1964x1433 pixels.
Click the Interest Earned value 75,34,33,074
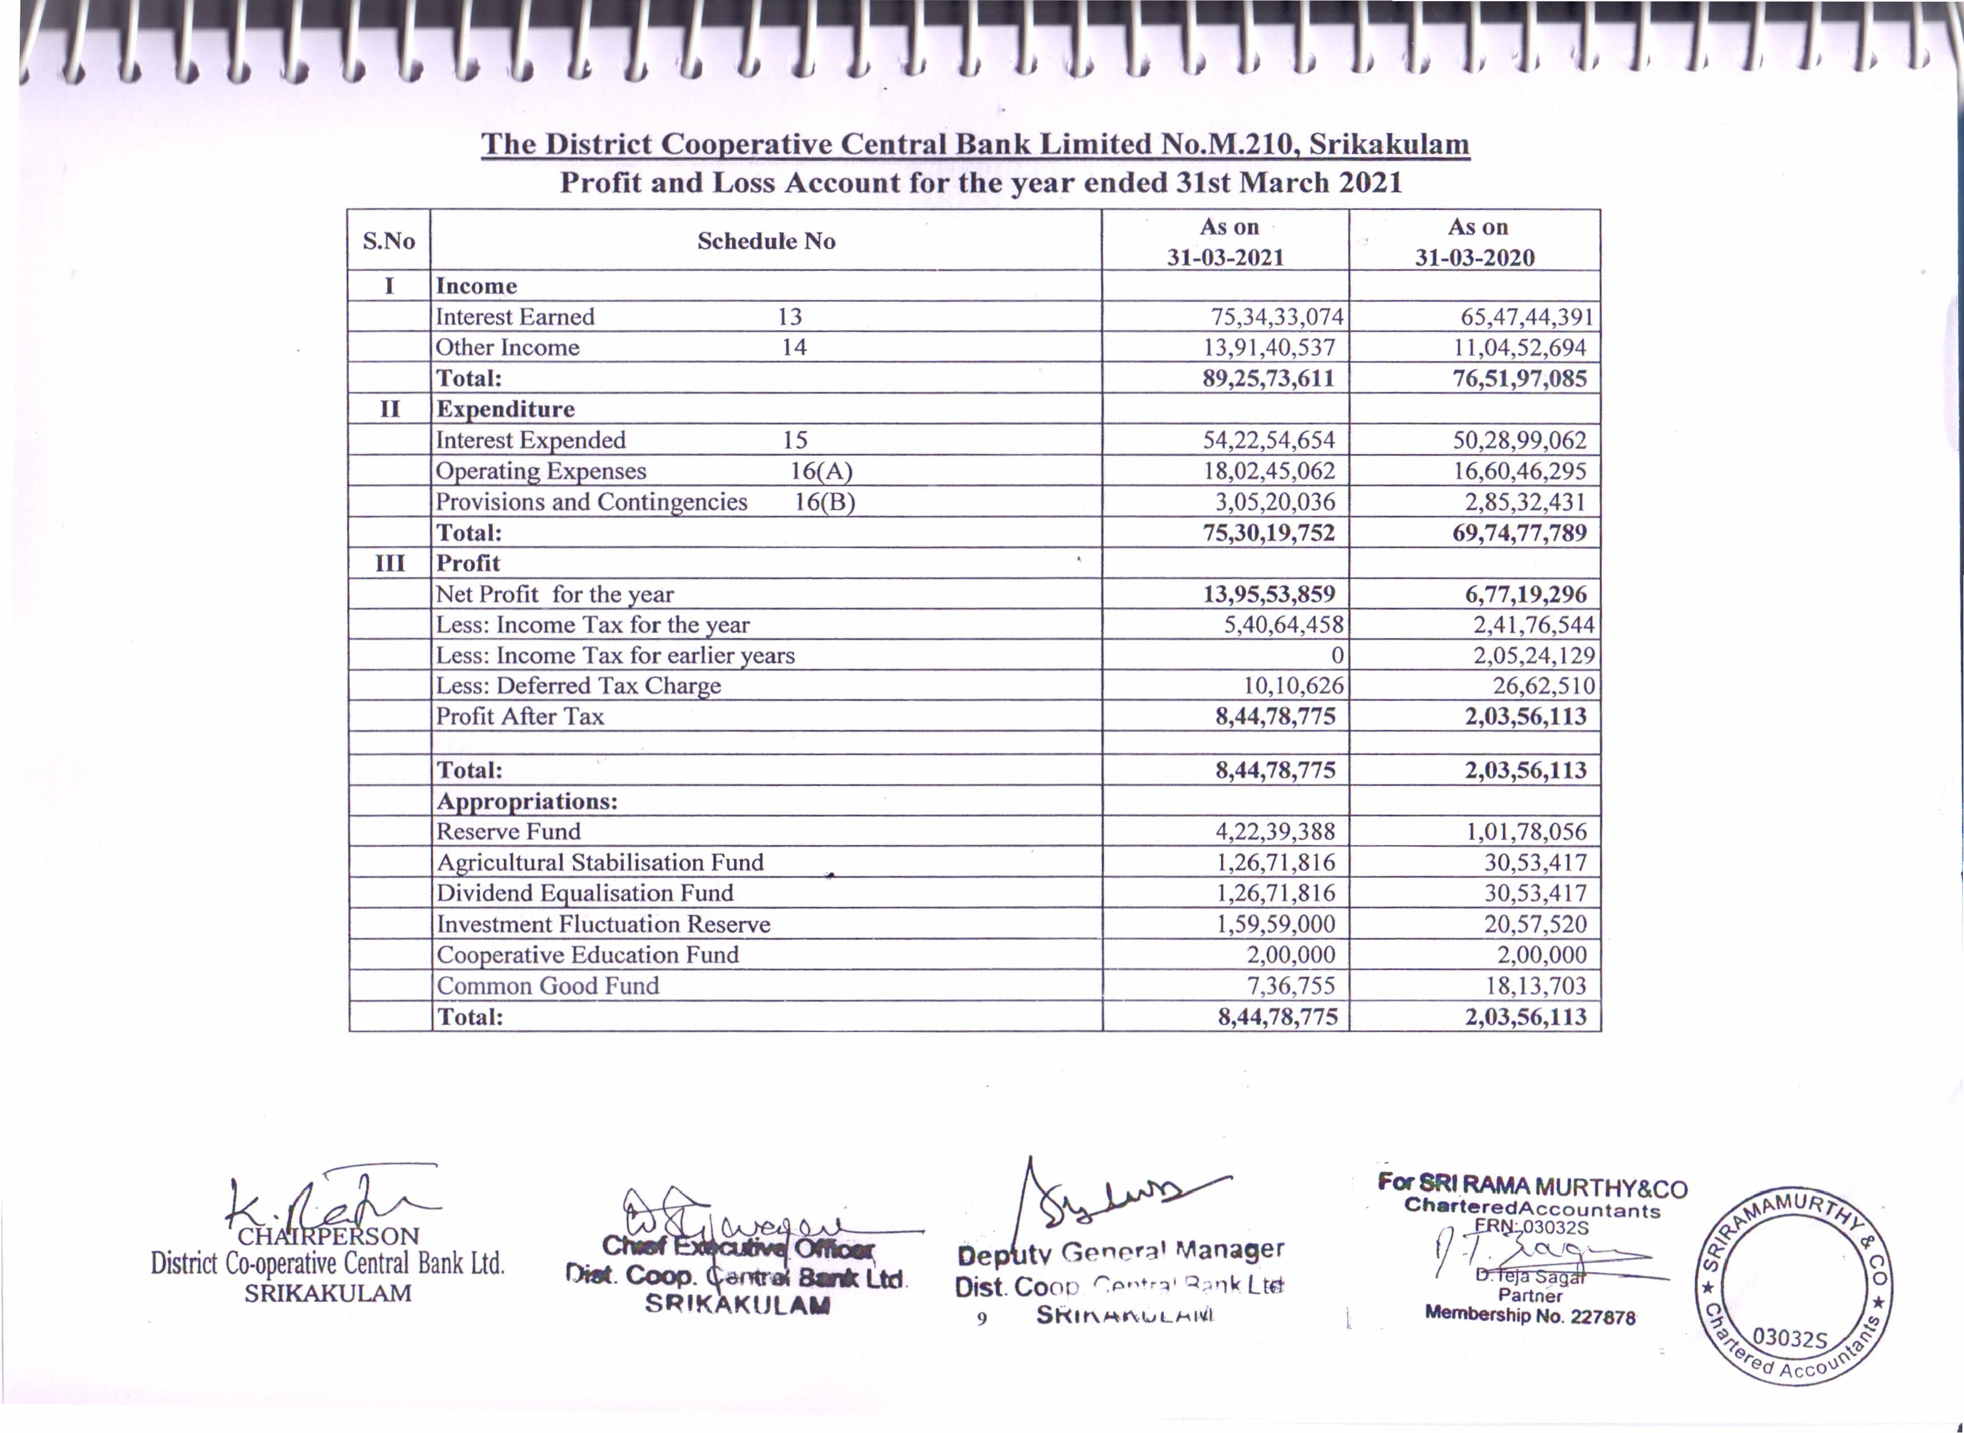(x=1277, y=317)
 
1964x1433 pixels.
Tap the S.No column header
(x=388, y=241)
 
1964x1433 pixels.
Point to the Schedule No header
(x=766, y=241)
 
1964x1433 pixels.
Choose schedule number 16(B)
(x=825, y=502)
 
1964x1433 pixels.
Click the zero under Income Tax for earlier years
(x=1337, y=655)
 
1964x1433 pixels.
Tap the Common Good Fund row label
(x=548, y=986)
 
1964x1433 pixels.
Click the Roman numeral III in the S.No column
(x=390, y=564)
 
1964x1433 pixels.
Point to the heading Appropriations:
(x=526, y=801)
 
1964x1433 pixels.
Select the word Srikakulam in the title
(x=1389, y=144)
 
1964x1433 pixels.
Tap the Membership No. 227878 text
(x=1529, y=1316)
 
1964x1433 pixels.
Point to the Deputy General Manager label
(x=1120, y=1252)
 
